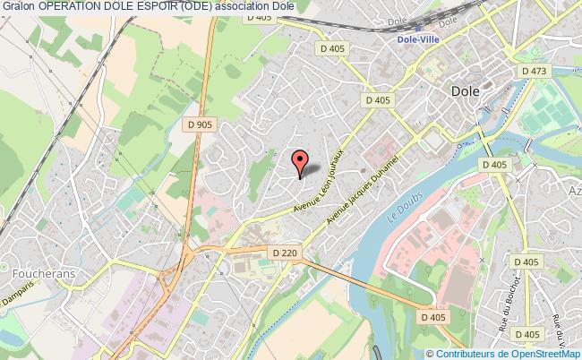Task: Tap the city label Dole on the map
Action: pyautogui.click(x=466, y=91)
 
